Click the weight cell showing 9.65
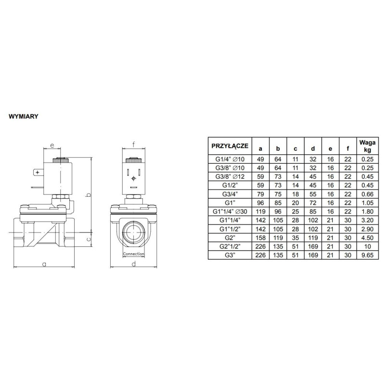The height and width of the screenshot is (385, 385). coord(364,255)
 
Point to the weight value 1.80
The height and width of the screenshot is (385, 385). coord(364,211)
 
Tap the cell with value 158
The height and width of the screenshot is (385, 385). coord(260,237)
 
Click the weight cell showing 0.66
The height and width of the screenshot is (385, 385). coord(364,194)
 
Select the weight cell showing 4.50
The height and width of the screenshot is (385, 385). coord(364,237)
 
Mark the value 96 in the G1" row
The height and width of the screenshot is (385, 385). coord(260,203)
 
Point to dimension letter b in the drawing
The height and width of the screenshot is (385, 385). coord(88,194)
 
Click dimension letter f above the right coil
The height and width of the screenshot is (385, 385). coord(133,142)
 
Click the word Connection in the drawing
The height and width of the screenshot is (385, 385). coord(133,254)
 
